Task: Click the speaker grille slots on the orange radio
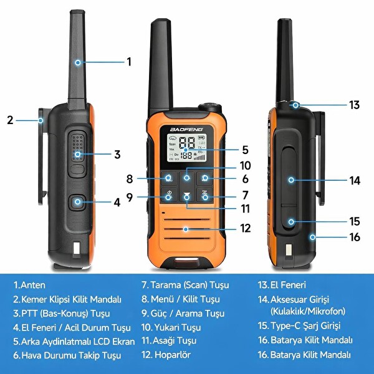tap(186, 229)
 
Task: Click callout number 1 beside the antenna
tap(129, 62)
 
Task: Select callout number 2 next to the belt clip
tap(10, 120)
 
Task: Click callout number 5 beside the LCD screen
tap(246, 150)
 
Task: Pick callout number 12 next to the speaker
tap(246, 229)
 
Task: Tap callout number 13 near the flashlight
tap(354, 105)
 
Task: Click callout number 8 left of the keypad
tap(130, 179)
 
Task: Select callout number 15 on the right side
tap(354, 221)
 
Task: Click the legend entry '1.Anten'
tap(30, 285)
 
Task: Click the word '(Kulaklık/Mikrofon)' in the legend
tap(308, 310)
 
